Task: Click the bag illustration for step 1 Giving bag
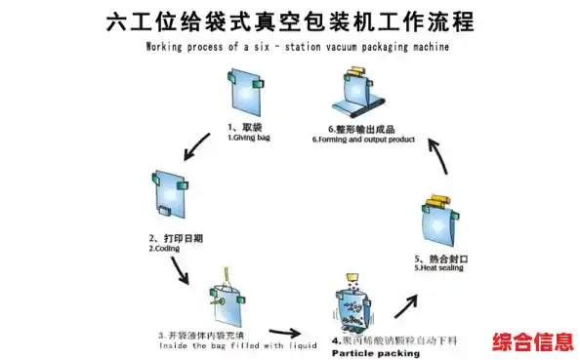(x=243, y=93)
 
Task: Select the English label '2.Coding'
(x=165, y=249)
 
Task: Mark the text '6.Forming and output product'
(x=363, y=140)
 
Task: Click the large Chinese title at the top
(x=290, y=22)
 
